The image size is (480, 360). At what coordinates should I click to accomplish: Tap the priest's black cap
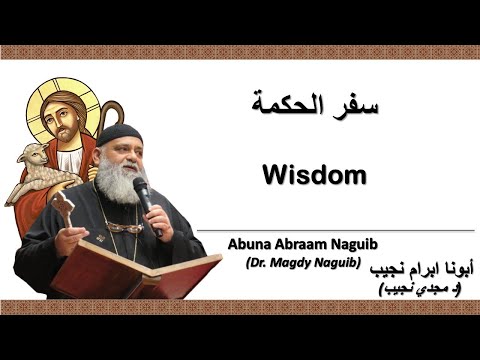[121, 135]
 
